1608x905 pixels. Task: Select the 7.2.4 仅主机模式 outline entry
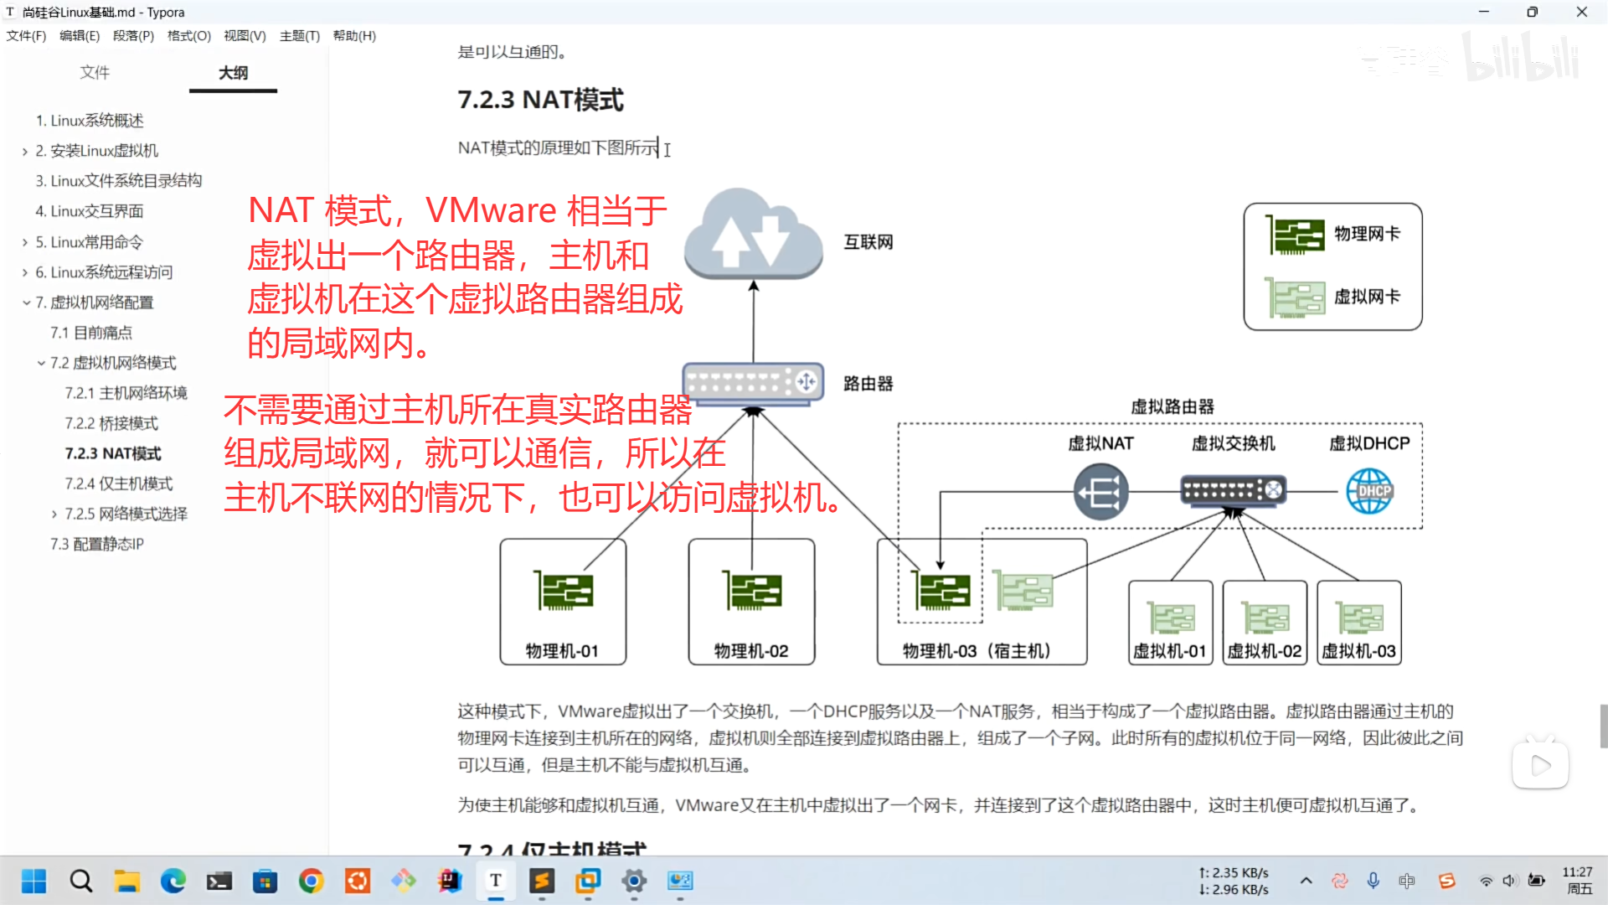(119, 484)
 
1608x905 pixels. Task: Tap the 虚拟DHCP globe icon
(1369, 491)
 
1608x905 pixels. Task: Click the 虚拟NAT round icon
(1100, 492)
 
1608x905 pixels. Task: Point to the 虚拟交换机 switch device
(1232, 490)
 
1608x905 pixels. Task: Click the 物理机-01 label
(562, 651)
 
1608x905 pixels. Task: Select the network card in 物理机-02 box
(752, 591)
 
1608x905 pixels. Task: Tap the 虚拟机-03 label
(1358, 651)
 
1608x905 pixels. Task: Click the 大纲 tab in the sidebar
(233, 73)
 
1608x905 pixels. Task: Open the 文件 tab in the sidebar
(95, 73)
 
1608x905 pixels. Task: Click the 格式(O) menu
(188, 36)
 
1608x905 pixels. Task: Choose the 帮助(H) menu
(354, 36)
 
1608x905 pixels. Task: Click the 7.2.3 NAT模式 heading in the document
(540, 100)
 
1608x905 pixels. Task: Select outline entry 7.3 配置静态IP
(97, 544)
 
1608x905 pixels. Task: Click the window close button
(1581, 12)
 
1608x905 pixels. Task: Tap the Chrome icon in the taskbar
(312, 881)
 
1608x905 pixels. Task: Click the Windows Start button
(33, 881)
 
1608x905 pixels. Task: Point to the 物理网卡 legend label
(1367, 234)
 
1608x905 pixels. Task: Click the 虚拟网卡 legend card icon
(1295, 297)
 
